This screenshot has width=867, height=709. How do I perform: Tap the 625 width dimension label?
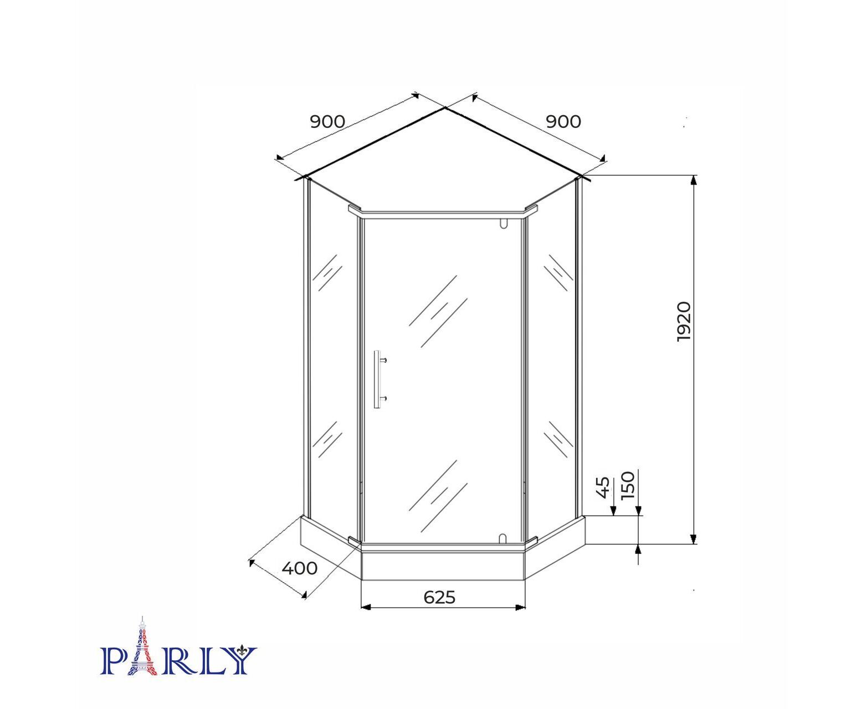(x=439, y=597)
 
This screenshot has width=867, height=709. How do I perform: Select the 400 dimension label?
(x=299, y=568)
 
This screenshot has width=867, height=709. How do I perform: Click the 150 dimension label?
(x=628, y=485)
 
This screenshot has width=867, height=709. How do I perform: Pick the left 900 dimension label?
(x=327, y=122)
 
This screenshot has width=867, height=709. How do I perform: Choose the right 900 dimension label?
(x=563, y=122)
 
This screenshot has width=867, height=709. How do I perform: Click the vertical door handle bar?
(x=377, y=380)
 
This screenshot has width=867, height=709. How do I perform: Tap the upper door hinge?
(x=503, y=223)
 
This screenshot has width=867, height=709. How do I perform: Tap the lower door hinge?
(x=503, y=538)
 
